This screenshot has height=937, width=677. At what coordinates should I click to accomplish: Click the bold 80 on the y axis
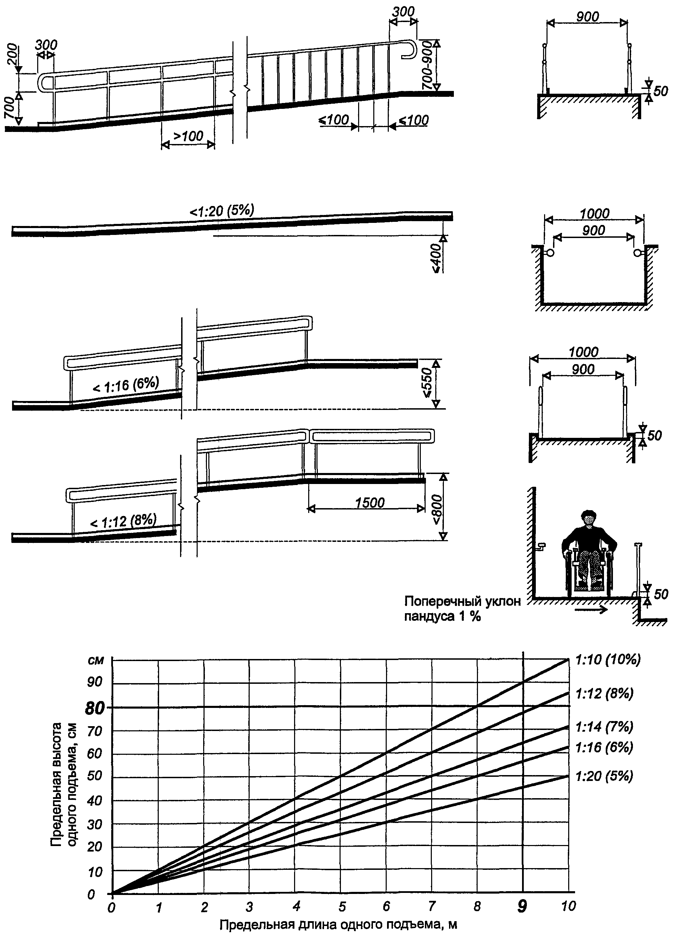tap(95, 709)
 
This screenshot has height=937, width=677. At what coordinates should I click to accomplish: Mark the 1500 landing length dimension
tap(370, 503)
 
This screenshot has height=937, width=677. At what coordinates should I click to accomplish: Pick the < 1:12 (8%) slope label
tap(123, 522)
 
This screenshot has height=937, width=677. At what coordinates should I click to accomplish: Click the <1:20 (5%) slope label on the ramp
tap(222, 211)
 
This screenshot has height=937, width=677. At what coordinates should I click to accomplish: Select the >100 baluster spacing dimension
tap(188, 136)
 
